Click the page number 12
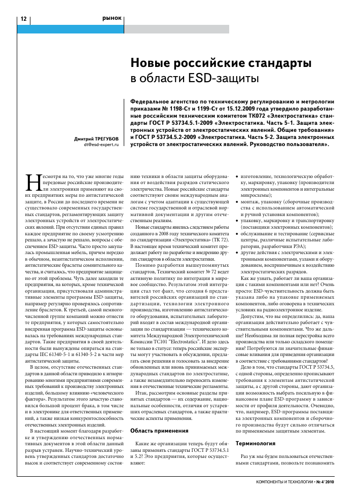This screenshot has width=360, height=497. click(23, 19)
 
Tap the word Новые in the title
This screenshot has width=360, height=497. click(156, 64)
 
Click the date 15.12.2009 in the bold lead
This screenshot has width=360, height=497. click(251, 109)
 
